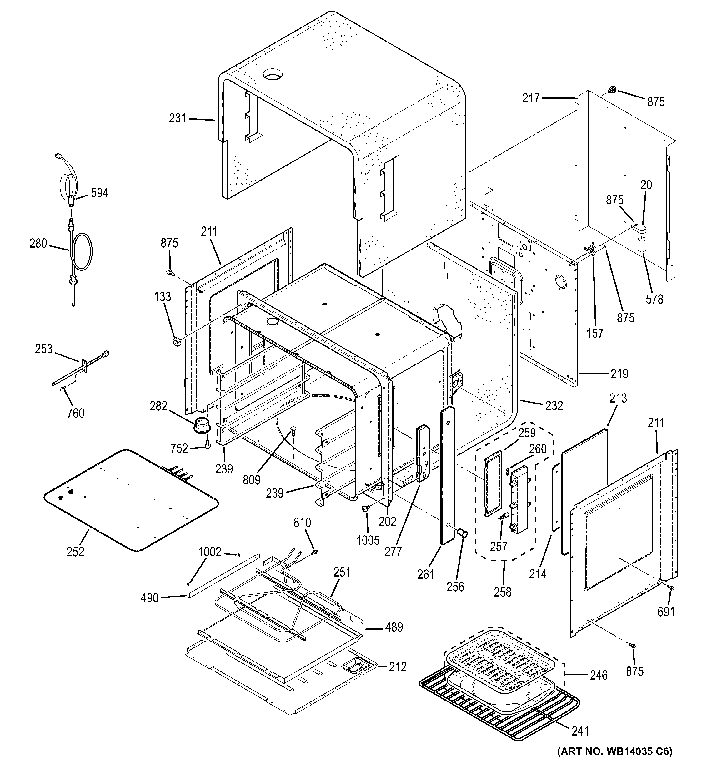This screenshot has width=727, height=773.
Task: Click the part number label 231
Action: tap(178, 118)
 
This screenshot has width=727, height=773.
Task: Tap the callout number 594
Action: tap(100, 192)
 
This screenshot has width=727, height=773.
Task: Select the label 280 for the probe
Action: tap(38, 244)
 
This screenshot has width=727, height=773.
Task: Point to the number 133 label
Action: tap(162, 297)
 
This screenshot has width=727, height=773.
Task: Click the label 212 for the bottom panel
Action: tap(398, 667)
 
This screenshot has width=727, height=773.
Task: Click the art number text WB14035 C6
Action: tap(615, 762)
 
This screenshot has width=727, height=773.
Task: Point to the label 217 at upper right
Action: tap(531, 98)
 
